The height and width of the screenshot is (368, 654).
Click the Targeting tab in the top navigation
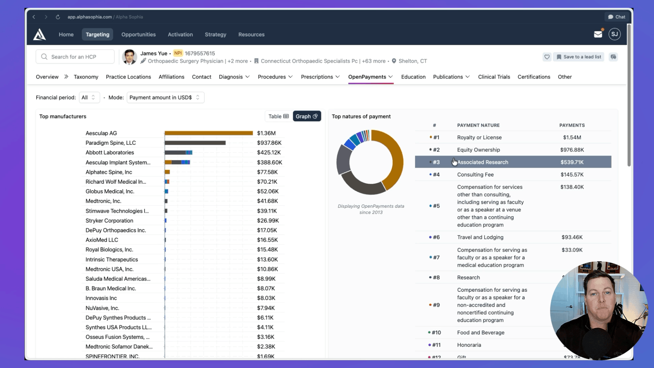pos(97,34)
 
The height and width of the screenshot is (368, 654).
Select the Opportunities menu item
pos(138,34)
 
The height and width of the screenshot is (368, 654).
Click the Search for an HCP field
pos(75,57)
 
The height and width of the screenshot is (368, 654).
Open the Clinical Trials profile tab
pos(494,77)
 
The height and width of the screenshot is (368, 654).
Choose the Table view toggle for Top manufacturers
pos(278,116)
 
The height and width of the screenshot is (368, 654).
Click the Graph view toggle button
pos(307,116)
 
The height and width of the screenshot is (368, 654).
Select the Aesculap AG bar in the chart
pos(208,133)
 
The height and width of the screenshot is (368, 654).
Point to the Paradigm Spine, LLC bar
pos(195,143)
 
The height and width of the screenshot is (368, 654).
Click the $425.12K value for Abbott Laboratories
pos(269,152)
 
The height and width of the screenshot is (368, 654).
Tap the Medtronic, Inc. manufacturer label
pos(103,201)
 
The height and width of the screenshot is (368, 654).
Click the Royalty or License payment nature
pos(479,137)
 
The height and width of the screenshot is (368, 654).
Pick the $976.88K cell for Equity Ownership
pos(572,150)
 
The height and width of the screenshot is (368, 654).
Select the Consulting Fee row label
pos(475,174)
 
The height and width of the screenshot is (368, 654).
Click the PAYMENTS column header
pos(572,125)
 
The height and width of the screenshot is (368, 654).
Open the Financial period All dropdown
pos(89,97)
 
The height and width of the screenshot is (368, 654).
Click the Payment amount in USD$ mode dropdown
pos(165,97)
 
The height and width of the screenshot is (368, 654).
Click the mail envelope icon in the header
pos(598,34)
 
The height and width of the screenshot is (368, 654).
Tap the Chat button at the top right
pos(617,17)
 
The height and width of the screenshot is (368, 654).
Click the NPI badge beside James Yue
pos(178,53)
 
